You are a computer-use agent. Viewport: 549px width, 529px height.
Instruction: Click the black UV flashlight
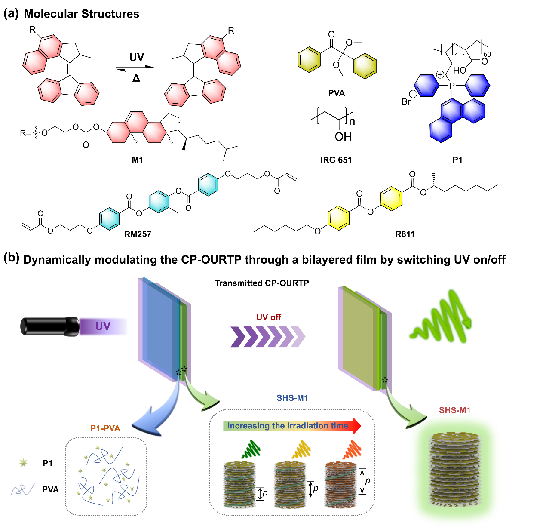click(x=49, y=326)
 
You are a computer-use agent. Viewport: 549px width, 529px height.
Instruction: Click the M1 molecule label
click(x=138, y=160)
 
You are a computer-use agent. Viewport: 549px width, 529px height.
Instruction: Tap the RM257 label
click(x=138, y=234)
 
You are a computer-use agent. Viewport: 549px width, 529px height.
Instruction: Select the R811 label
click(x=405, y=234)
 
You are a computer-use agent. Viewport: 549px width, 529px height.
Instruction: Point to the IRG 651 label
click(x=336, y=160)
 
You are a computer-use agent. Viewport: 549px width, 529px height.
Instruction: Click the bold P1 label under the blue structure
click(x=457, y=160)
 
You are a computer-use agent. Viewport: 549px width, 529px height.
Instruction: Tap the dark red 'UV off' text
click(x=269, y=317)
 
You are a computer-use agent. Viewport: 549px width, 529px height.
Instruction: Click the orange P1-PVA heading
click(x=105, y=428)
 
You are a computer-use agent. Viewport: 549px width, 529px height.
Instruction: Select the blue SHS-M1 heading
click(x=292, y=398)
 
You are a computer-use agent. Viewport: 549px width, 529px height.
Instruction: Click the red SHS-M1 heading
click(x=455, y=410)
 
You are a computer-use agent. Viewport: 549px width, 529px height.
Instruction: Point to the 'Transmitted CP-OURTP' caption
click(x=262, y=283)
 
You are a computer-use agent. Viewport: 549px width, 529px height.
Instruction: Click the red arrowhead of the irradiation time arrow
click(x=355, y=425)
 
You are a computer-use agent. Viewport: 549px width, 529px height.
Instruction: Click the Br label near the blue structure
click(x=406, y=101)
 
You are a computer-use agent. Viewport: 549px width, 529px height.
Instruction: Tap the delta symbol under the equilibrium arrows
click(x=136, y=78)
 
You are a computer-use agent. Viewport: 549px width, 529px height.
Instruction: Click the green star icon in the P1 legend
click(x=24, y=463)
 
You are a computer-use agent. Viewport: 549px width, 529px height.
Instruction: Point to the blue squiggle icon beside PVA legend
click(x=23, y=489)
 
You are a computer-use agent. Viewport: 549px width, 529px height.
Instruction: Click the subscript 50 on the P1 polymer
click(x=487, y=54)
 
